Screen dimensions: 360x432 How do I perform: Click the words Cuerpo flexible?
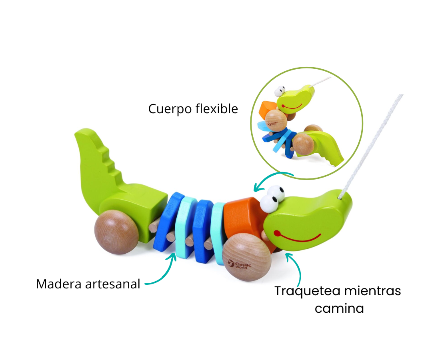coord(193,109)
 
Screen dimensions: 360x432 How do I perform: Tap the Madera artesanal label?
coord(88,284)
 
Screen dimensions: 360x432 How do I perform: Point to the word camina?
coord(339,308)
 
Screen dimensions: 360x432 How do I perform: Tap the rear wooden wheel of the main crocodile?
coord(116,232)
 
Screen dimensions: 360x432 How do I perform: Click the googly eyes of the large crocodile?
coord(273,197)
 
